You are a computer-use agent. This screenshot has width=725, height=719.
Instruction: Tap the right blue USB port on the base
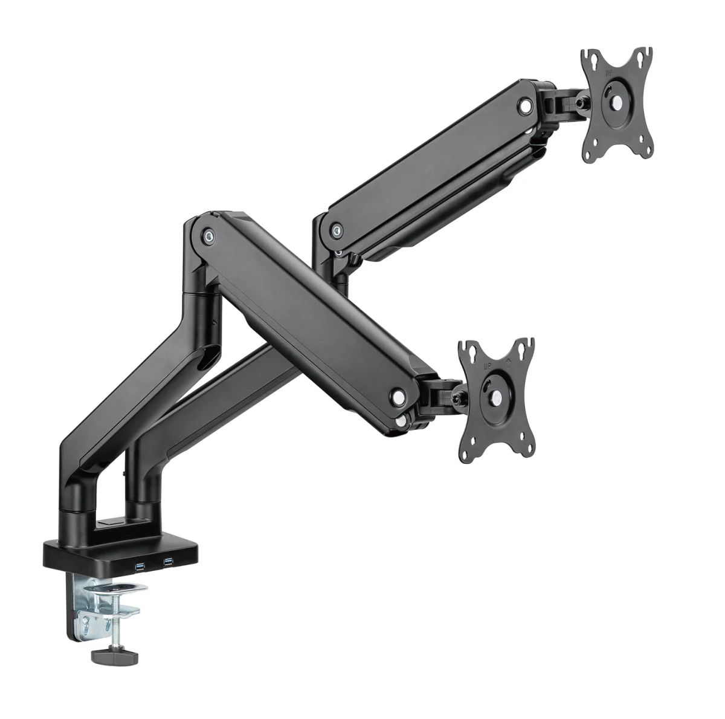coord(168,563)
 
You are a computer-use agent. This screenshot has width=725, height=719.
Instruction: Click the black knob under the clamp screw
coord(106,656)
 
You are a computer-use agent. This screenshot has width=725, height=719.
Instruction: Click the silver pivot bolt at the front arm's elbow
coord(208,236)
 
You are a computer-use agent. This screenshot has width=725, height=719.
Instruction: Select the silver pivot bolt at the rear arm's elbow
coord(337,230)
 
